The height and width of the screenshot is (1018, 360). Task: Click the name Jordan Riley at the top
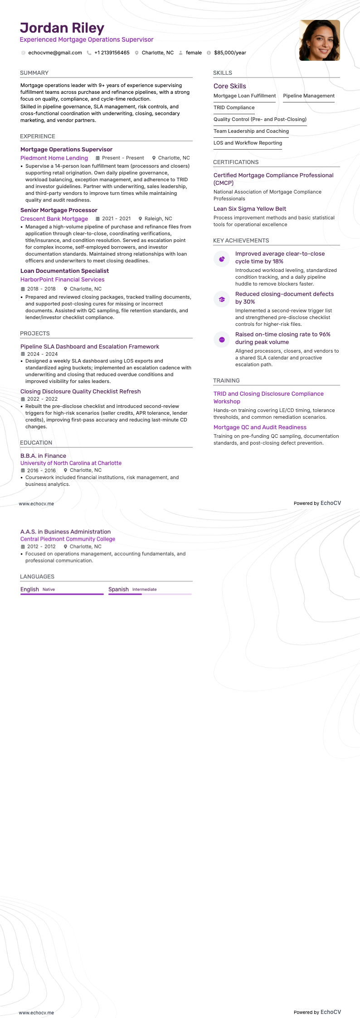[62, 28]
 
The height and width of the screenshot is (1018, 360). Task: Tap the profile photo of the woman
[319, 40]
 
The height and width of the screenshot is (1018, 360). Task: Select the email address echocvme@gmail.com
[55, 53]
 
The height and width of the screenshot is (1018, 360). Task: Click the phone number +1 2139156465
[112, 53]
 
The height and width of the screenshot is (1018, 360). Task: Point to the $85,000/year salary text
[230, 53]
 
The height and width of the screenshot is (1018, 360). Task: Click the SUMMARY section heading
[34, 73]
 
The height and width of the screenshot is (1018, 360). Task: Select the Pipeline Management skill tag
[309, 96]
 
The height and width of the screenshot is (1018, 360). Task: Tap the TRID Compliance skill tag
[234, 108]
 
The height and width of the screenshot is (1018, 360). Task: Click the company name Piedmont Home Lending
[54, 158]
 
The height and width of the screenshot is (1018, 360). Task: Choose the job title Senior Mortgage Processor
[59, 210]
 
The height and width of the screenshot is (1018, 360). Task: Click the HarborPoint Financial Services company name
[62, 280]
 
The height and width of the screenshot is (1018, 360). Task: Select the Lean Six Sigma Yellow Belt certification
[250, 209]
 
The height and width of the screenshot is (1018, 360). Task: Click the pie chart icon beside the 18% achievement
[222, 259]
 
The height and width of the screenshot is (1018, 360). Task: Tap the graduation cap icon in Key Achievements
[222, 299]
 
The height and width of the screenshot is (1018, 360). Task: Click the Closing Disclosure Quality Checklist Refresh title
[80, 392]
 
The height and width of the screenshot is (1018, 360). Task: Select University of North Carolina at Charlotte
[71, 463]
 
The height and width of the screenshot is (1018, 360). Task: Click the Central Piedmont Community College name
[68, 539]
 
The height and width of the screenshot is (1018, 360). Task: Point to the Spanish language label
[118, 589]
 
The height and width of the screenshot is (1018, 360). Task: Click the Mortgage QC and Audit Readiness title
[260, 427]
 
